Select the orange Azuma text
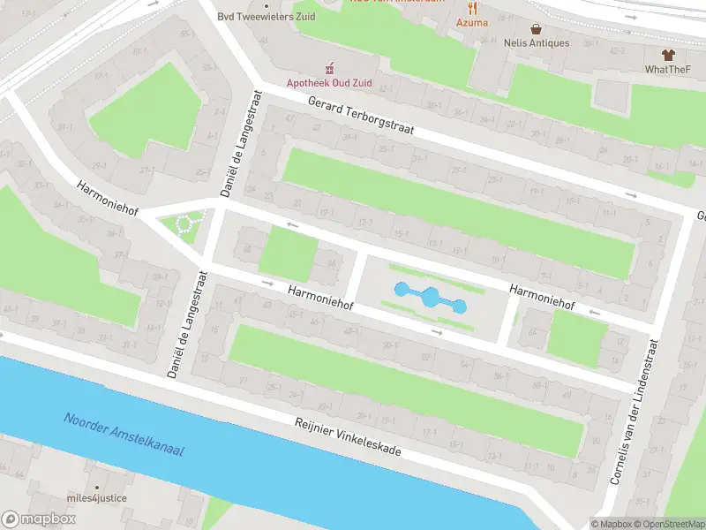coord(472,22)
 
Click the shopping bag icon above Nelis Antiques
coord(536,28)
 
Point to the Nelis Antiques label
coord(536,43)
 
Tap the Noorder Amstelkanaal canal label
coord(124,435)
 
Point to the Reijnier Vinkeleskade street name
coord(348,436)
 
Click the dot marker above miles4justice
coord(97,487)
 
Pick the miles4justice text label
coord(97,498)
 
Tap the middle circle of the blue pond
coord(430,298)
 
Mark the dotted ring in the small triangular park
coord(185,223)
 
